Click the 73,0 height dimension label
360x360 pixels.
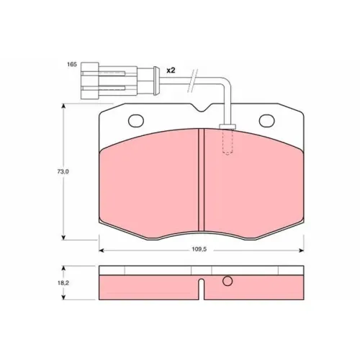tap(63, 171)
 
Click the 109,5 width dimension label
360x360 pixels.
tap(199, 249)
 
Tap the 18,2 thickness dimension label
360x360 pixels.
tap(63, 283)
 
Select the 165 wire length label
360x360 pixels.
tap(72, 64)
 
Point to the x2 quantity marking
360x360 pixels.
tap(171, 71)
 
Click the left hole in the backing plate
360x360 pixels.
tap(136, 121)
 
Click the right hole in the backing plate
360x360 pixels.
tap(267, 121)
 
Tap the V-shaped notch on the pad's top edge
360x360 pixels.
tap(202, 108)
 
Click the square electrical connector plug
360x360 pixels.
tap(90, 81)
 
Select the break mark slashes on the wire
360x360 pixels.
tap(192, 81)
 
